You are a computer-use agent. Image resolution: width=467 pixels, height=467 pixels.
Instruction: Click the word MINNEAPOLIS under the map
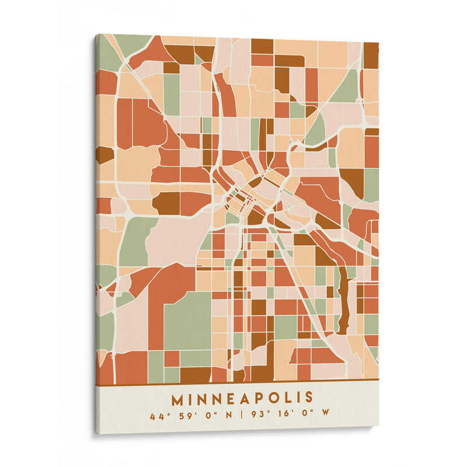pyautogui.click(x=242, y=399)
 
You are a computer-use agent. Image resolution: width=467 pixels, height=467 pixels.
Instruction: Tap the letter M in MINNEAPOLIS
pyautogui.click(x=177, y=400)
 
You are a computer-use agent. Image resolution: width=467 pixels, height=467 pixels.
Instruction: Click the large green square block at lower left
pyautogui.click(x=187, y=320)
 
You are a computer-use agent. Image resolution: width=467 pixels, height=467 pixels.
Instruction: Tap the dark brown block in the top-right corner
pyautogui.click(x=371, y=55)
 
